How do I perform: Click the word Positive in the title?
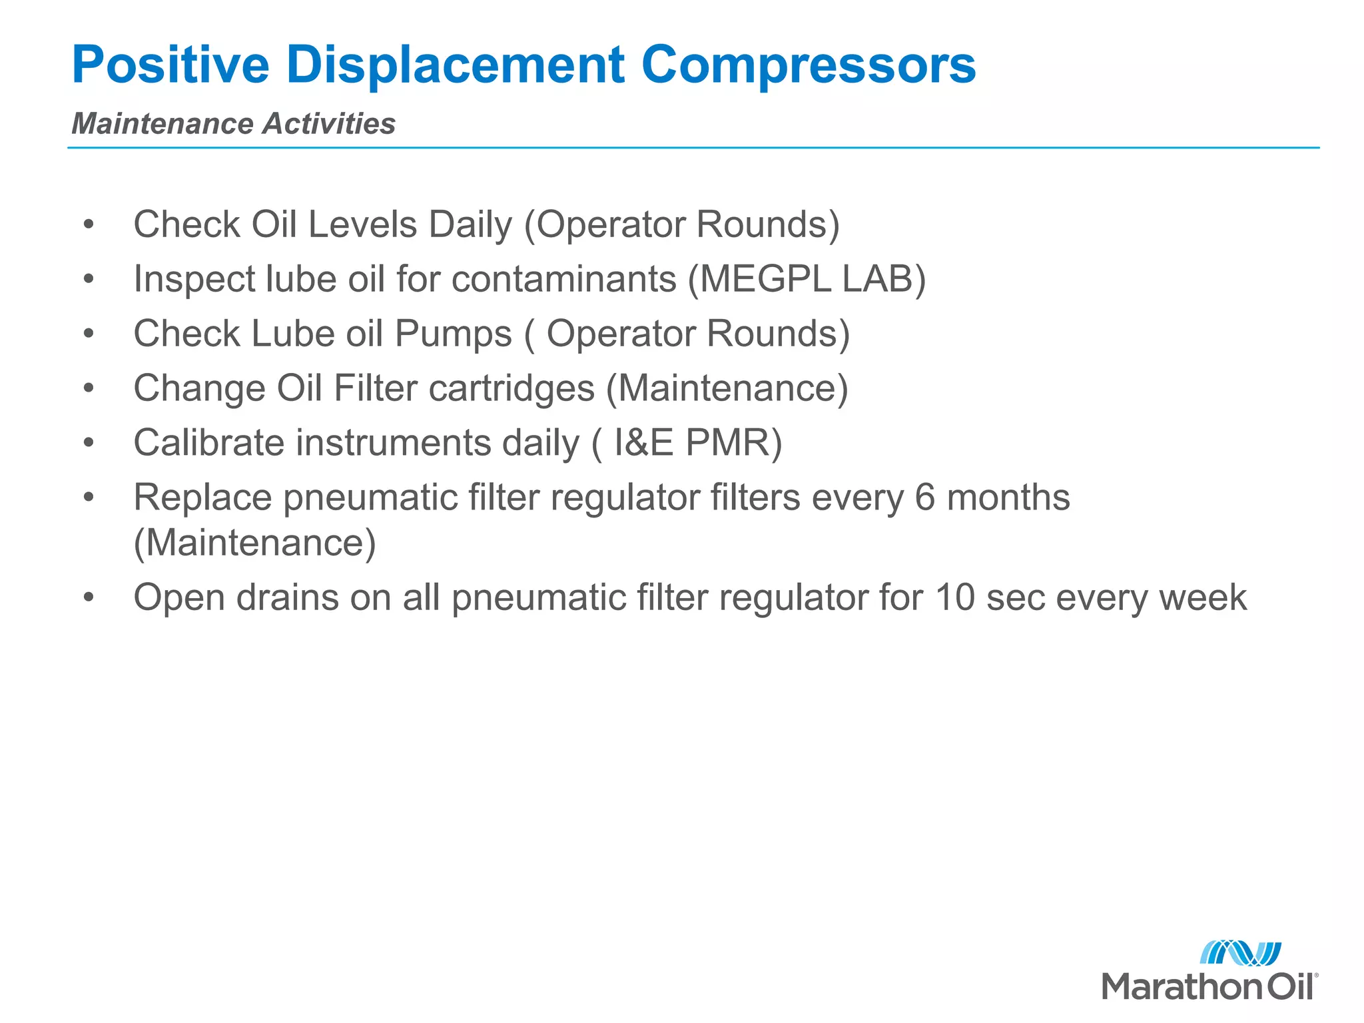point(170,65)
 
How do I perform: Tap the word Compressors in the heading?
point(808,65)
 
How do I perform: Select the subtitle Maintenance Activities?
point(233,124)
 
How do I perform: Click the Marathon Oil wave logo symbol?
point(1240,953)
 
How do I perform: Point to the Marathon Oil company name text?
point(1209,986)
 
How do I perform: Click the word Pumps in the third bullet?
point(453,333)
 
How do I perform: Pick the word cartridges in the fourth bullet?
point(511,388)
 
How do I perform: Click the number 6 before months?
point(925,498)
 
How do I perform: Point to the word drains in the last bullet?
point(288,597)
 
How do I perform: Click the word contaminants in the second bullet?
point(563,278)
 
